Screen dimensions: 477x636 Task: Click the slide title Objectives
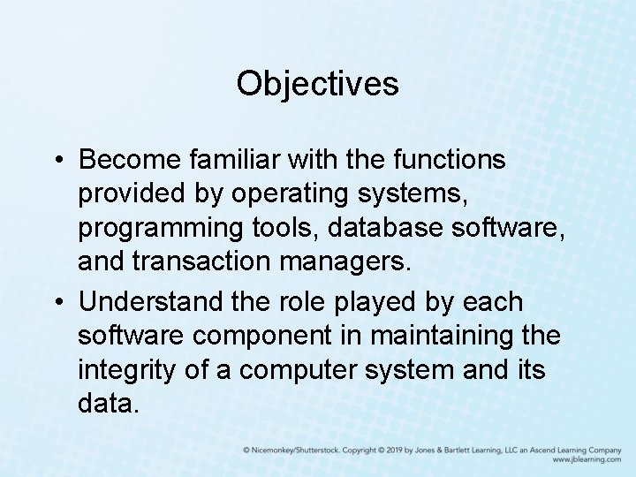(317, 84)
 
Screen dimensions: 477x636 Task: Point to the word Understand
(157, 303)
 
